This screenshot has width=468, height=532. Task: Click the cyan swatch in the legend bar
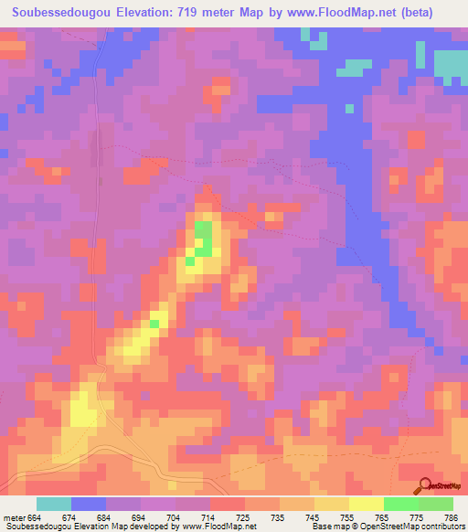(54, 504)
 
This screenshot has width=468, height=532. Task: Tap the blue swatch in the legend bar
(89, 504)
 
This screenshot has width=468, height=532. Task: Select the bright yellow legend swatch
(365, 504)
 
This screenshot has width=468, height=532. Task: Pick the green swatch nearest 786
(435, 504)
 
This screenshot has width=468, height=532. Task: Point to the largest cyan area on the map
(450, 62)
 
